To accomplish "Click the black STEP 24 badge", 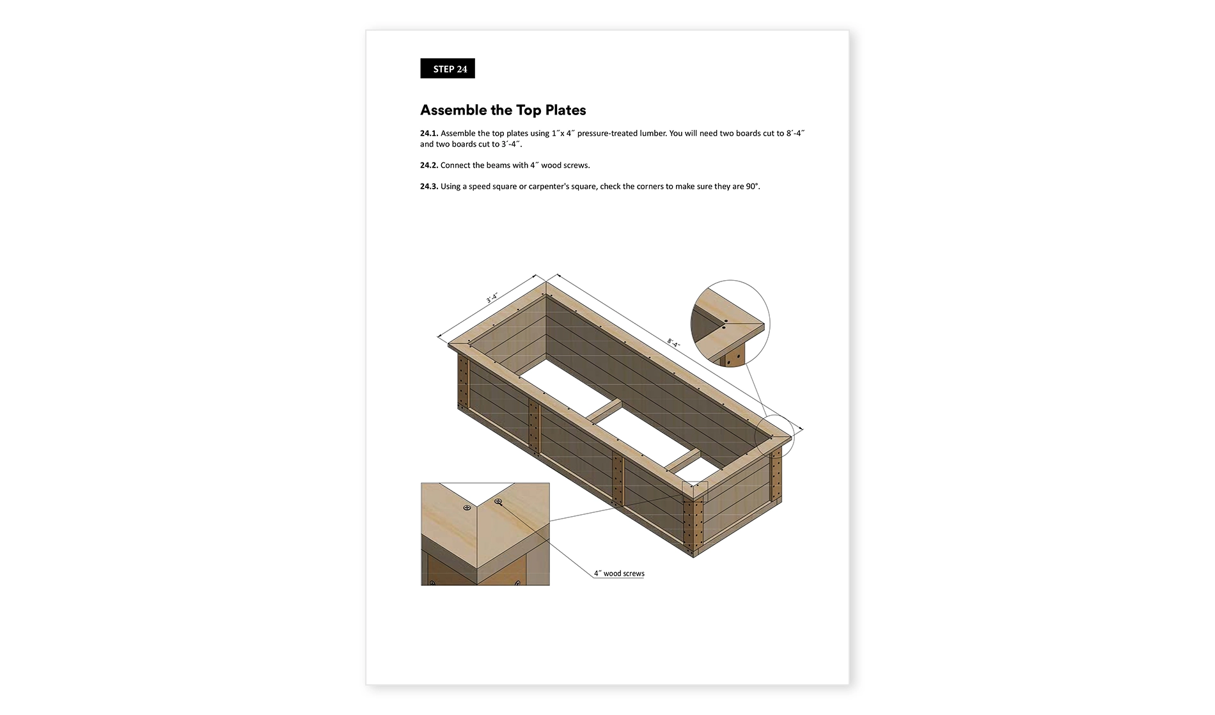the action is pos(448,68).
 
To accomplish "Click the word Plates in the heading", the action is pos(565,110).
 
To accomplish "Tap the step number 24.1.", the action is pos(429,133).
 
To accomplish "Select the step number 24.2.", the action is pos(429,165).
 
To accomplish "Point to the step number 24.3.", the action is pos(429,186).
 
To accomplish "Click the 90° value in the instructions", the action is pos(753,186).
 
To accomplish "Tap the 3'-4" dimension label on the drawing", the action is pos(492,298).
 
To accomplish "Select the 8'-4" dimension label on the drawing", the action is pos(674,343).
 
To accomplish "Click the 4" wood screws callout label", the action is pos(619,574).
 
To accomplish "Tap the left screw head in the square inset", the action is pos(467,508).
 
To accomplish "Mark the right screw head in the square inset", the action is pos(498,501).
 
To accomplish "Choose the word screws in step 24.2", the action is pos(576,165).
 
